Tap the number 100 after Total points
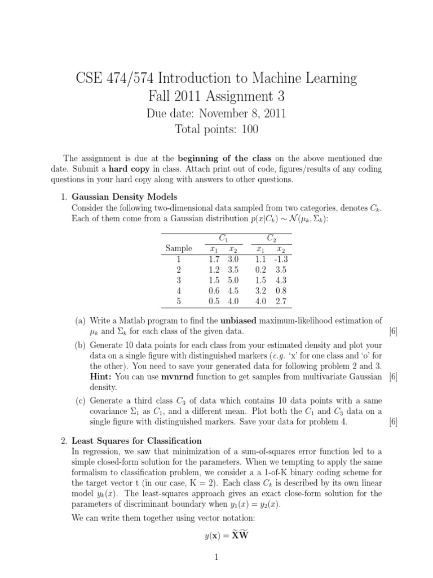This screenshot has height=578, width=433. point(248,130)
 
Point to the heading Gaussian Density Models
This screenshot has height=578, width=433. point(124,196)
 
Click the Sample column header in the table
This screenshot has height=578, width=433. point(178,248)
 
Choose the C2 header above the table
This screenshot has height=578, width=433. point(271,238)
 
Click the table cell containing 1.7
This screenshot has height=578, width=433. point(213,259)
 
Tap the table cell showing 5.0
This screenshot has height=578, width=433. point(233,280)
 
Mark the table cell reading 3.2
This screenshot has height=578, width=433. point(262,291)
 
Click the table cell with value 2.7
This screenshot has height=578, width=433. point(281,301)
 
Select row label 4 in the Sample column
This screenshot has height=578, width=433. point(178,291)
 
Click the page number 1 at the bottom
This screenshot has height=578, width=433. point(216,558)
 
